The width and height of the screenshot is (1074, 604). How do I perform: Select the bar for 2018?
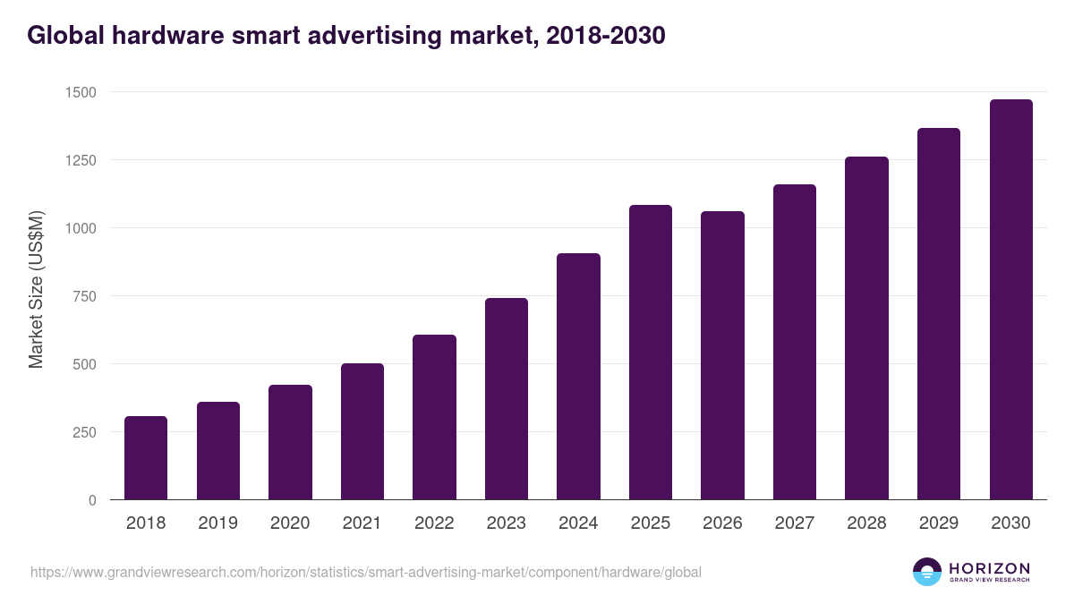click(146, 458)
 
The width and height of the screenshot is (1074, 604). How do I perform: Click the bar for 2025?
click(650, 353)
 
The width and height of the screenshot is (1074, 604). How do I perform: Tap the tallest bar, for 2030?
click(1010, 300)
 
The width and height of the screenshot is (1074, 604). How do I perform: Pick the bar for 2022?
click(434, 417)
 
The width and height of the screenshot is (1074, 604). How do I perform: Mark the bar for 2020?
click(290, 442)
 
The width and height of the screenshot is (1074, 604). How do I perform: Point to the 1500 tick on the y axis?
click(81, 92)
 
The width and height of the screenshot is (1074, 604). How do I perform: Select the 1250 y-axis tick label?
click(81, 160)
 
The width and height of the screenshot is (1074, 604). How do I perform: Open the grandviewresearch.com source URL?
click(365, 572)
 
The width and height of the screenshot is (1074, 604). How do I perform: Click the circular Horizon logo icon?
click(927, 572)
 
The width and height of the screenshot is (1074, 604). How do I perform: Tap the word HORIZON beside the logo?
click(989, 568)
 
